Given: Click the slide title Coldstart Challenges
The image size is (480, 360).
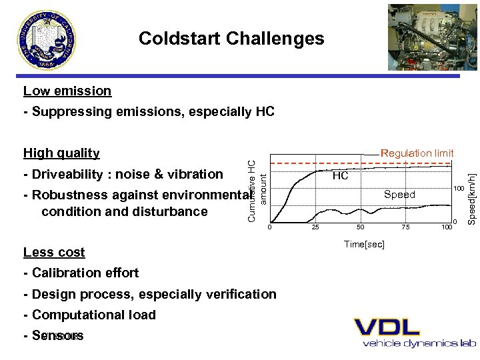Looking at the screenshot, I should click(231, 39).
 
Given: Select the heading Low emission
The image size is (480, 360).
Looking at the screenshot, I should click(67, 91).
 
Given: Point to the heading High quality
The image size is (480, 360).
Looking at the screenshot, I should click(61, 153).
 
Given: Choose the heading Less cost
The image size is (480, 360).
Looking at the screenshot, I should click(54, 252).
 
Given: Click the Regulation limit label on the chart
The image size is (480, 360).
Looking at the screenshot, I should click(417, 153).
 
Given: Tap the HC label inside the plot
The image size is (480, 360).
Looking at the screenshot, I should click(340, 176).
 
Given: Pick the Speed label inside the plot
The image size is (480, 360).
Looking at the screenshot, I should click(399, 195).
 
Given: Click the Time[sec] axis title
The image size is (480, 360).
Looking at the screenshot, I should click(363, 245).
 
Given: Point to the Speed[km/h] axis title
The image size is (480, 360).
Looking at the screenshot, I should click(471, 187).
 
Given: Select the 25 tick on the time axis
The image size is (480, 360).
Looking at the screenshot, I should click(315, 228).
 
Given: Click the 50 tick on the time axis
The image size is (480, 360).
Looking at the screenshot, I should click(360, 228).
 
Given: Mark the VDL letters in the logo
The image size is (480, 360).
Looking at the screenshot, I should click(387, 327).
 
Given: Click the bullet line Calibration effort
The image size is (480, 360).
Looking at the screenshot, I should click(81, 273).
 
